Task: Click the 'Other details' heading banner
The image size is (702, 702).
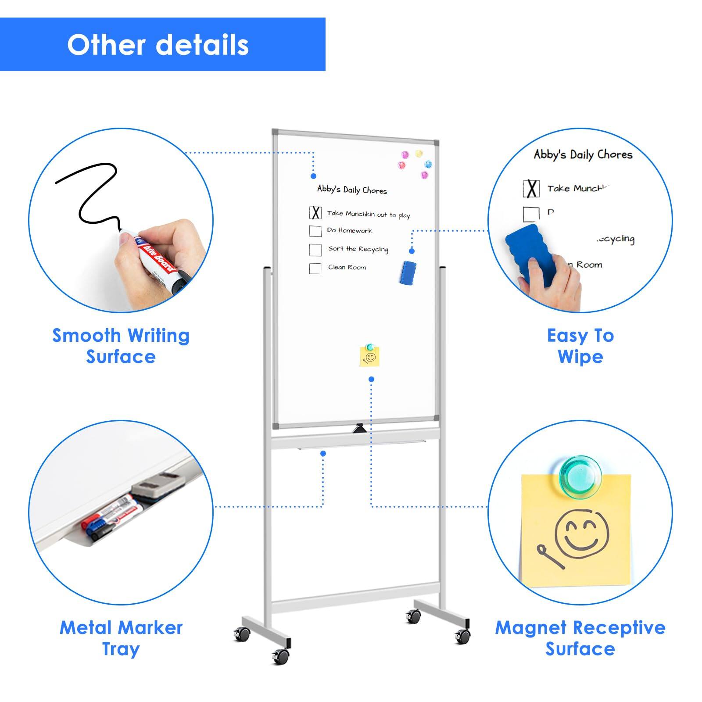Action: point(162,44)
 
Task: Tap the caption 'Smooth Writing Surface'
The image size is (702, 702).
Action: point(121,346)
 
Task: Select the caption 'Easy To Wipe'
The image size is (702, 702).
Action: point(580,346)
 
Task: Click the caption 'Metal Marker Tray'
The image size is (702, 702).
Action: point(121,638)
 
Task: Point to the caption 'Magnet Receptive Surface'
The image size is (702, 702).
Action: point(580,638)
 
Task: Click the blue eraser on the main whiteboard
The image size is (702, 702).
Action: point(408,272)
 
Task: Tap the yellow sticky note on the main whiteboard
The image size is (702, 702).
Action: point(369,356)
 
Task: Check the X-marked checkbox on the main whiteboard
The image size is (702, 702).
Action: point(315,213)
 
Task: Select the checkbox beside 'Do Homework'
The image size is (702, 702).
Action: point(315,231)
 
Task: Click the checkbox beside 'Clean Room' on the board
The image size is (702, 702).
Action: point(315,268)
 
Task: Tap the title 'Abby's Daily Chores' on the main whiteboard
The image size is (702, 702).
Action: point(352,190)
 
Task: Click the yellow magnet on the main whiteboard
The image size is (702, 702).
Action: point(419,154)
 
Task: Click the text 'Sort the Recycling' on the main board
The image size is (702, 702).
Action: point(358,249)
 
